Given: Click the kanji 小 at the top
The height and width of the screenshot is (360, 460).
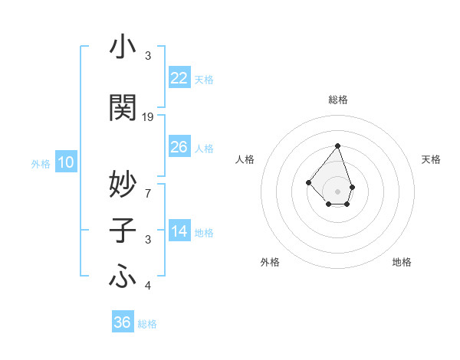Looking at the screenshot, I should click(x=123, y=47).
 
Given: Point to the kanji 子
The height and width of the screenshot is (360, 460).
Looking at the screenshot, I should click(x=123, y=230).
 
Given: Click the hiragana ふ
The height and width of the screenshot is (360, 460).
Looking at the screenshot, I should click(x=123, y=276).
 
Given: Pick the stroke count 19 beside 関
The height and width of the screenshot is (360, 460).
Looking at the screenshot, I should click(x=148, y=117).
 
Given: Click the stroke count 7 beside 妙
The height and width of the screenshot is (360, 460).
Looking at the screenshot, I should click(x=148, y=191).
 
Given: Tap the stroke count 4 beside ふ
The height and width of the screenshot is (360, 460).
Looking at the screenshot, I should click(x=148, y=286).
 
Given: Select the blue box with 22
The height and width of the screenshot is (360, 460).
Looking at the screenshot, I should click(x=179, y=78).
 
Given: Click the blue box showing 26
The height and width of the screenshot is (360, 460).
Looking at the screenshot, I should click(x=179, y=147).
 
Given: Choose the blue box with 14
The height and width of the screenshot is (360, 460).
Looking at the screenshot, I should click(x=179, y=231).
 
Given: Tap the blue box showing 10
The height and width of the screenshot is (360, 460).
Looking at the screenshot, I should click(x=66, y=162).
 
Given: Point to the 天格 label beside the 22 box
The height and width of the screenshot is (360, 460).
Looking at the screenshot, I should click(x=204, y=80).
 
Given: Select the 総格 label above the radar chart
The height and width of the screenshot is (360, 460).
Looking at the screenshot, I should click(x=338, y=100).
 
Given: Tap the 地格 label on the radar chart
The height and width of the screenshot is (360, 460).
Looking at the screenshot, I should click(x=402, y=262).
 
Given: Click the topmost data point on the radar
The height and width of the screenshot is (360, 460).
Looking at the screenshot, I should click(x=337, y=146).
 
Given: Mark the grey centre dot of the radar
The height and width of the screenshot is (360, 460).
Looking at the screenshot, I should click(x=337, y=191).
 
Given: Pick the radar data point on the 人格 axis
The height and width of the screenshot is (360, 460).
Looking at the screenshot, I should click(x=308, y=182).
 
